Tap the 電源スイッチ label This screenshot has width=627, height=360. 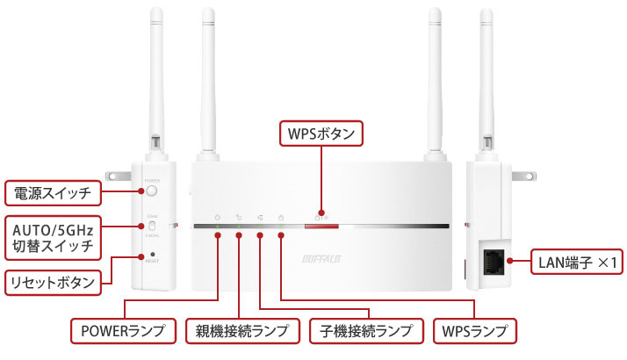point(52,191)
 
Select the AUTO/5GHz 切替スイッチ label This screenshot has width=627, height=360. point(52,234)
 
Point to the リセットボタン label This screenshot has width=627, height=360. point(52,282)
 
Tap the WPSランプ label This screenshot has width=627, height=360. point(474,331)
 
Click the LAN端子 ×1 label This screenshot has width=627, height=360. point(577,262)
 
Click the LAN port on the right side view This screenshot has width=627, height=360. point(492,261)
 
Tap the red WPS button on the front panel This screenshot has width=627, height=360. point(321,227)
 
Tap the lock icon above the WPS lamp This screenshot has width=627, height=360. point(280,216)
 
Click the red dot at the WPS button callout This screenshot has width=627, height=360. point(321,212)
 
